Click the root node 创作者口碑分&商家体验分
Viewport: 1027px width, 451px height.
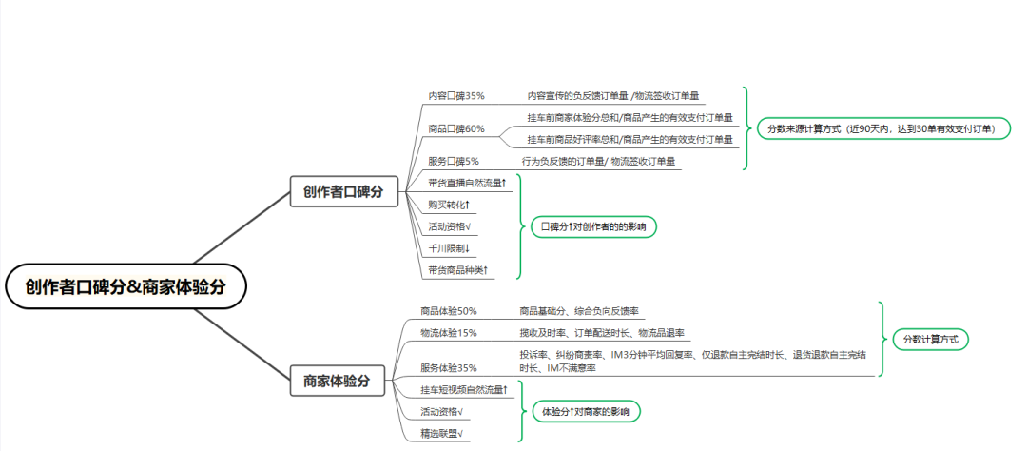point(125,286)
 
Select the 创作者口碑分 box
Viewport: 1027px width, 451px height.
point(344,192)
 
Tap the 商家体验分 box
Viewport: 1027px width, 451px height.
point(338,381)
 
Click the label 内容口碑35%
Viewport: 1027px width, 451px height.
point(456,96)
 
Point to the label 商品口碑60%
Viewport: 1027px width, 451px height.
point(456,128)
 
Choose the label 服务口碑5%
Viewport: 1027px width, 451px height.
point(454,161)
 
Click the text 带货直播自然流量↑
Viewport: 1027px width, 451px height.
point(468,183)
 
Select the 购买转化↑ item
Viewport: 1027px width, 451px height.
point(449,206)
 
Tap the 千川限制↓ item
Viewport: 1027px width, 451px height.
point(449,248)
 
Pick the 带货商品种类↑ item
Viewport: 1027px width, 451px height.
point(458,269)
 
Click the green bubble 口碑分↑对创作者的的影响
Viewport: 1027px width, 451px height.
point(593,226)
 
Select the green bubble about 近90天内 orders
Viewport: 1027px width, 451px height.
point(884,129)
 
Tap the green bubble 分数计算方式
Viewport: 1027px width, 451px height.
point(930,340)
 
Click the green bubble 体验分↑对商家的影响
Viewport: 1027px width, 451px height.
point(586,412)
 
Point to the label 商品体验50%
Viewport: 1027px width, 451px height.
point(449,311)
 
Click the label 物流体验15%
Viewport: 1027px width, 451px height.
point(449,333)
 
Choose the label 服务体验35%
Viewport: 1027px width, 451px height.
point(449,368)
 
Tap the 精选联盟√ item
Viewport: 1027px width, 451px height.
point(442,433)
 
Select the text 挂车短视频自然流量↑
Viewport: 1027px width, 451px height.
point(464,390)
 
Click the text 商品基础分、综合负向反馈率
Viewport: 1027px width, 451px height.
point(579,311)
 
